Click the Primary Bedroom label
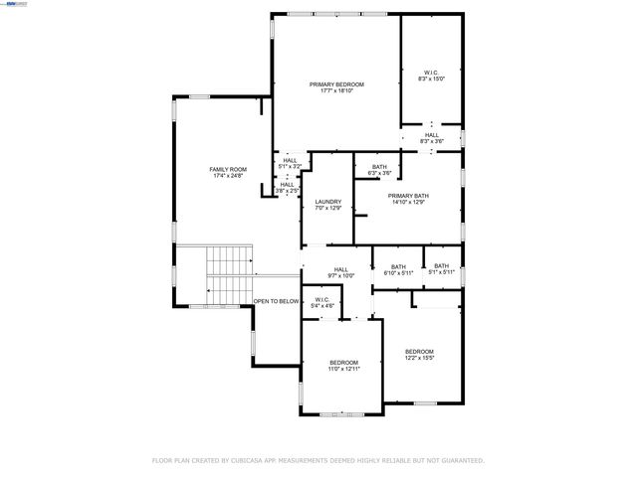pyautogui.click(x=336, y=84)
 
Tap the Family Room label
pyautogui.click(x=227, y=169)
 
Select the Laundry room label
pyautogui.click(x=328, y=202)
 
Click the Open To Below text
pyautogui.click(x=276, y=301)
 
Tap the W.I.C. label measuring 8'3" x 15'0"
pyautogui.click(x=431, y=72)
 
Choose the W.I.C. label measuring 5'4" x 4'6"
pyautogui.click(x=321, y=299)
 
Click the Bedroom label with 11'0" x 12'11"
pyautogui.click(x=344, y=362)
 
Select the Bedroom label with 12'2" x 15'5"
pyautogui.click(x=419, y=351)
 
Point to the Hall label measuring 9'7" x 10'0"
pyautogui.click(x=341, y=269)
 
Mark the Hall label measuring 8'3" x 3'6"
pyautogui.click(x=431, y=135)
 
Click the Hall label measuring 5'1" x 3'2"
pyautogui.click(x=290, y=160)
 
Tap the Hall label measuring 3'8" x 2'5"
pyautogui.click(x=287, y=184)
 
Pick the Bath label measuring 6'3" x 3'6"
pyautogui.click(x=379, y=167)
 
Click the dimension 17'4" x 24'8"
pyautogui.click(x=227, y=176)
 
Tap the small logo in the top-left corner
pyautogui.click(x=14, y=4)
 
